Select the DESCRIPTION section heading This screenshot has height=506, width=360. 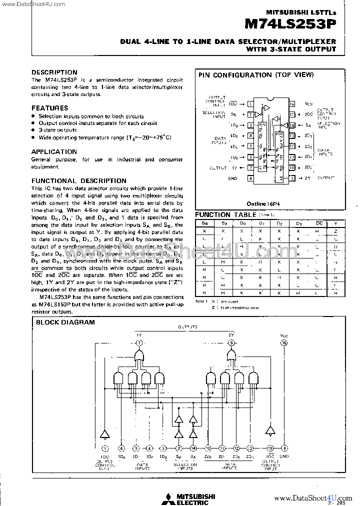pos(54,72)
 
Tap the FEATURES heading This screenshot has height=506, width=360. pos(50,108)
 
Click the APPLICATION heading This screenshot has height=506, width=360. pos(54,151)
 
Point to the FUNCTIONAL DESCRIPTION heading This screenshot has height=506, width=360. pos(79,180)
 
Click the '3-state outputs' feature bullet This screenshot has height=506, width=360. pos(57,130)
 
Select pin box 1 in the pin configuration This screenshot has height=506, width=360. pos(249,104)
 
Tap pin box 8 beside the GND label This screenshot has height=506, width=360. pos(249,178)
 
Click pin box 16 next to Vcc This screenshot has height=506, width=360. pos(292,104)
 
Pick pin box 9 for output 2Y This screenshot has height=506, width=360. pos(292,178)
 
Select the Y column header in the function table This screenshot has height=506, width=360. pos(336,222)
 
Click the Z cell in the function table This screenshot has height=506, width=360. pos(336,231)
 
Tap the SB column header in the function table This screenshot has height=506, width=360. pos(205,222)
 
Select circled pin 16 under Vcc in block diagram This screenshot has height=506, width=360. pos(284,342)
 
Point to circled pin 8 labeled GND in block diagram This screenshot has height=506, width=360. pos(284,448)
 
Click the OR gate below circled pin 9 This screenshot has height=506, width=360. pos(231,356)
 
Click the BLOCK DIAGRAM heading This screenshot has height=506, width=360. pos(65,322)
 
